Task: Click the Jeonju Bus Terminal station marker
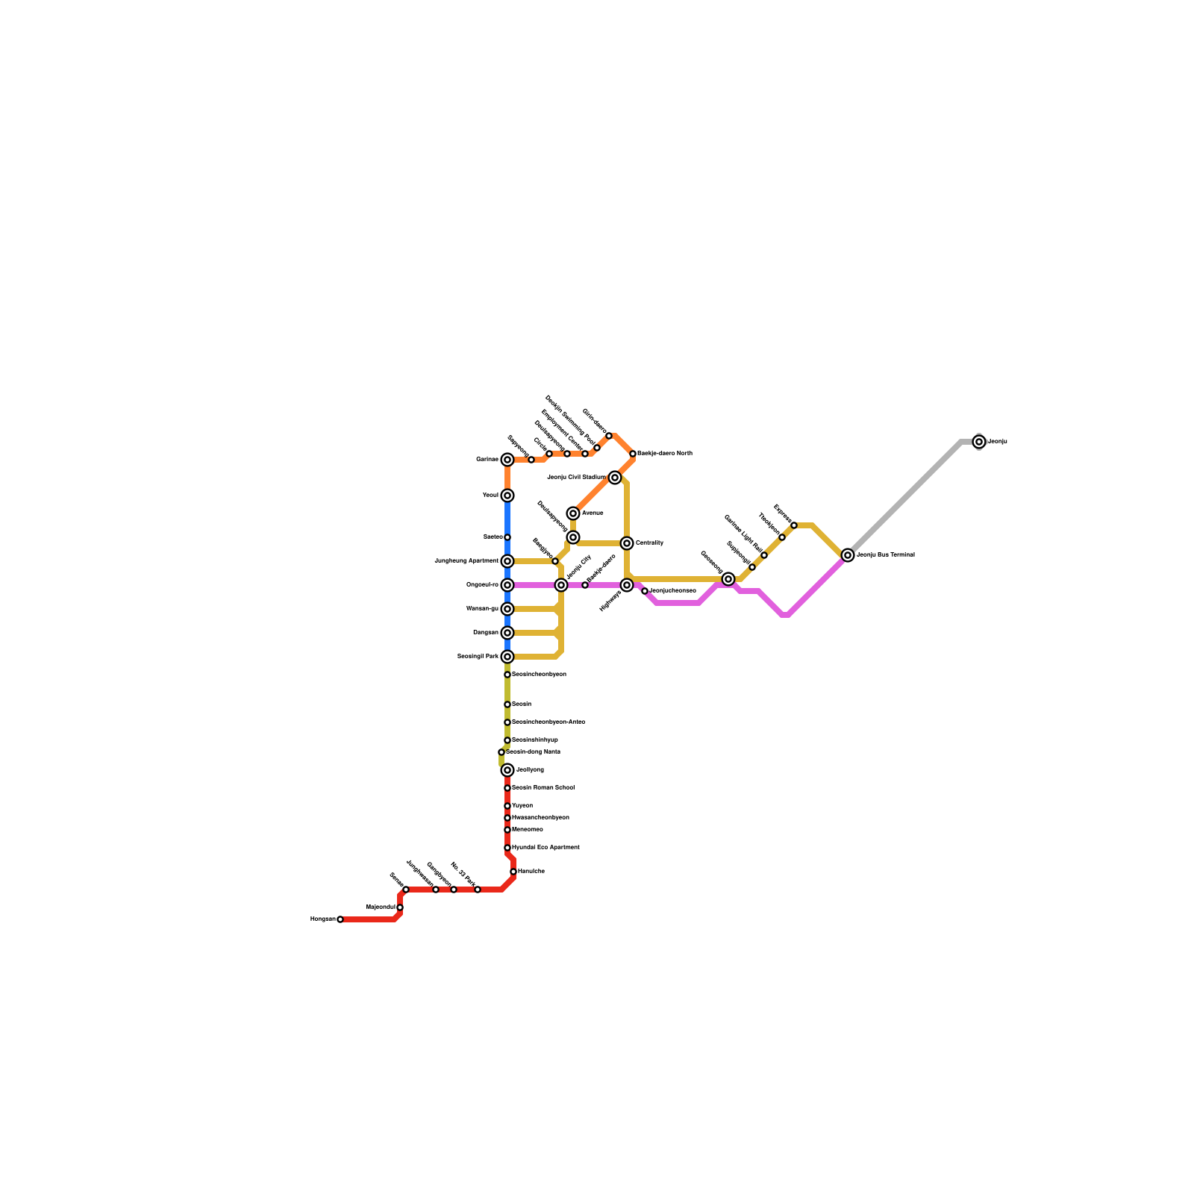tap(848, 555)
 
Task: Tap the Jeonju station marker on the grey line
tap(979, 442)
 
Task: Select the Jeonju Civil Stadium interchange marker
tap(615, 478)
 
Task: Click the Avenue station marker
tap(573, 513)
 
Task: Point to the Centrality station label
tap(649, 543)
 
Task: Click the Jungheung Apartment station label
tap(466, 561)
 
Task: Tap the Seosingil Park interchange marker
tap(507, 657)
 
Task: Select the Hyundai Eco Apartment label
tap(546, 848)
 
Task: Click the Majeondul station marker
tap(400, 907)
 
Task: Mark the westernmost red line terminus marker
tap(340, 919)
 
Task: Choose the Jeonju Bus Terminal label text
tap(886, 555)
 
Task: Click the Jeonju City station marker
tap(561, 585)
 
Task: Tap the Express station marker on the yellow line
tap(794, 525)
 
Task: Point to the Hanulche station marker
tap(513, 872)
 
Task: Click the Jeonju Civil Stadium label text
tap(577, 477)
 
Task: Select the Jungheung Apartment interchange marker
tap(507, 561)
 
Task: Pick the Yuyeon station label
tap(522, 806)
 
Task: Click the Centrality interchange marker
tap(627, 543)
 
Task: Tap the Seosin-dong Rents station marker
tap(501, 752)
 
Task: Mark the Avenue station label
tap(593, 513)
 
